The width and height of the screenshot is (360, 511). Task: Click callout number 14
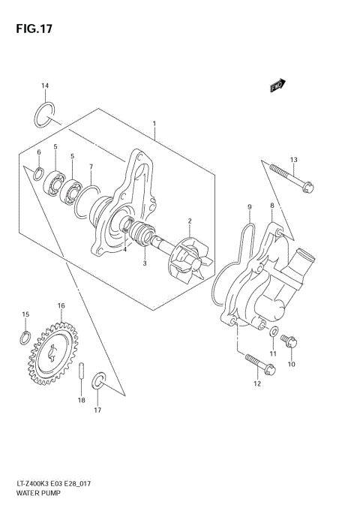(x=44, y=86)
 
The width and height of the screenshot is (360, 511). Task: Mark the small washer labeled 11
(x=274, y=331)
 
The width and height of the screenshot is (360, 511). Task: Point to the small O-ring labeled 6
(x=37, y=175)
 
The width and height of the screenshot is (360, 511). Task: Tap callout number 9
(x=249, y=206)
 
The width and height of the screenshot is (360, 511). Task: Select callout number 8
(x=271, y=206)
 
